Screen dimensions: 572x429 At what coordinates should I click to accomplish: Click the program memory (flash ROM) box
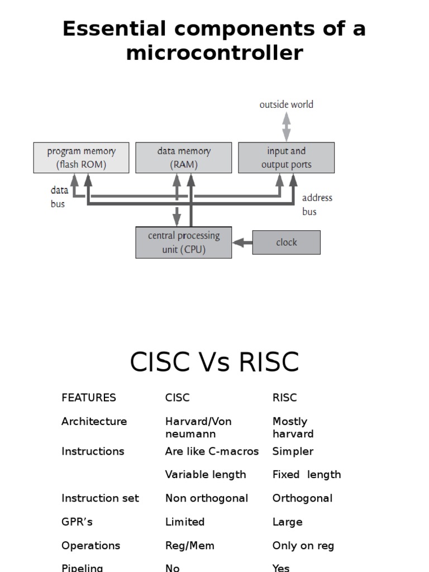(81, 158)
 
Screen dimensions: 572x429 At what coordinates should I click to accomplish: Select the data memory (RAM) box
(184, 158)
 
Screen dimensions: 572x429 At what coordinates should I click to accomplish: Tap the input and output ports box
(287, 158)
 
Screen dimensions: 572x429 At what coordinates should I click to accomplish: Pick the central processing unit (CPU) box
(184, 242)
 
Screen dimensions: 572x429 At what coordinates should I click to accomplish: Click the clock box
(287, 242)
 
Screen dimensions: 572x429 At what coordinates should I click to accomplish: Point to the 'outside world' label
(286, 104)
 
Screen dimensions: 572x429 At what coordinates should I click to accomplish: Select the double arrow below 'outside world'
(286, 126)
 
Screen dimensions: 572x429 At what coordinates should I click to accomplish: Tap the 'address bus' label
(317, 204)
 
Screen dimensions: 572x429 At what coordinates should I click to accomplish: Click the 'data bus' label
(59, 197)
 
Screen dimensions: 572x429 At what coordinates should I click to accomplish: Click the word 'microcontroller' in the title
(214, 53)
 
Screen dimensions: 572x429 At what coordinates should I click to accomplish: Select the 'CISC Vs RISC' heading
(214, 362)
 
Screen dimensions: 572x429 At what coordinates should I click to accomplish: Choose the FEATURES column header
(89, 398)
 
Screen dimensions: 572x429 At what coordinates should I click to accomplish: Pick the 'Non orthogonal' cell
(207, 498)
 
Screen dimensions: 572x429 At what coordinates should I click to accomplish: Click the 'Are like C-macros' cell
(212, 451)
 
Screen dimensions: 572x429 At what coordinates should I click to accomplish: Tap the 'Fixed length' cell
(307, 475)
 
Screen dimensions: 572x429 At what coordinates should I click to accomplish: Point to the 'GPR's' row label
(77, 522)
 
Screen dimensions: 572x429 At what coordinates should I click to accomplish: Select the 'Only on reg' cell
(303, 546)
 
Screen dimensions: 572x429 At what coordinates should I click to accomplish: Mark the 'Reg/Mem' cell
(190, 546)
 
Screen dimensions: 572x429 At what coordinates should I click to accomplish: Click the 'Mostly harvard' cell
(293, 427)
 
